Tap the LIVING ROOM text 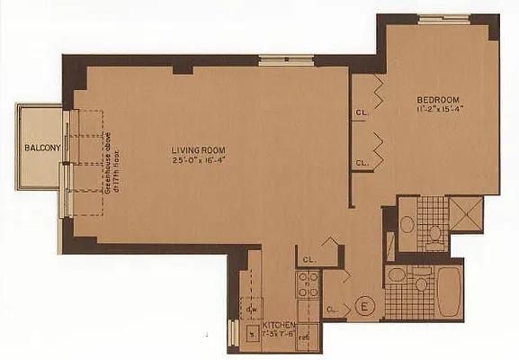pyautogui.click(x=199, y=149)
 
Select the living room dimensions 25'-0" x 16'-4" pyautogui.click(x=199, y=160)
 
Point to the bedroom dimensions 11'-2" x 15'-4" pyautogui.click(x=438, y=109)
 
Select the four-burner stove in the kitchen pyautogui.click(x=309, y=284)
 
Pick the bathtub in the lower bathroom pyautogui.click(x=445, y=289)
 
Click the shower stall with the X pyautogui.click(x=467, y=214)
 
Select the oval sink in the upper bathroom pyautogui.click(x=407, y=224)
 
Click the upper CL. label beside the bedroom pyautogui.click(x=361, y=113)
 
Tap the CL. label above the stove pyautogui.click(x=309, y=258)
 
